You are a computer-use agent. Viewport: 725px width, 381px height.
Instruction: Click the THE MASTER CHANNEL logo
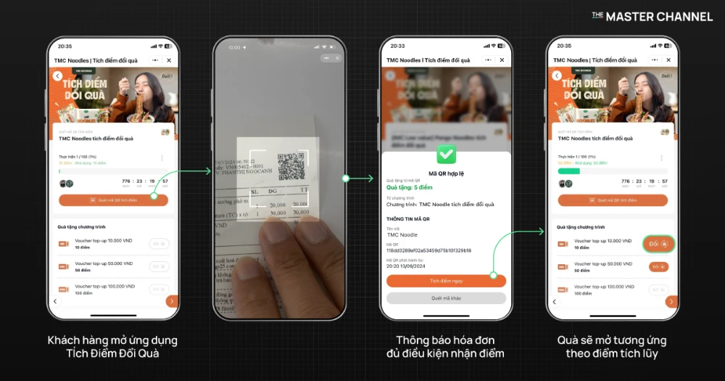point(652,16)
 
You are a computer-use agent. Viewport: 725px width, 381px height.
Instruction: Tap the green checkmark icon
point(446,155)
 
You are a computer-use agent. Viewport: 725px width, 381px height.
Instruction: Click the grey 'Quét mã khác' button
point(446,298)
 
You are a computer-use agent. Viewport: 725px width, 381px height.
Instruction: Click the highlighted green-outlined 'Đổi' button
point(658,244)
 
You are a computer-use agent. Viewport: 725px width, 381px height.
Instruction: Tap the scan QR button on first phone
point(113,200)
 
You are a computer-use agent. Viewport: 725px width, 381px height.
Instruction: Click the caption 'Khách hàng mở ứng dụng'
point(112,340)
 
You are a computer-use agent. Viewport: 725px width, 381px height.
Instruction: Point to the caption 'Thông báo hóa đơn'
point(445,340)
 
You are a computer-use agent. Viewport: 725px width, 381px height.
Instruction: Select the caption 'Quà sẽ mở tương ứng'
point(612,340)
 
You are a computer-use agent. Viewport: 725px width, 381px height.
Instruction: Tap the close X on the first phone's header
point(169,60)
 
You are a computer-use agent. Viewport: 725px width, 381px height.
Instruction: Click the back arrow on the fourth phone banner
point(557,75)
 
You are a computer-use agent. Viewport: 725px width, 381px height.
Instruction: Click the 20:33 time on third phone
point(397,46)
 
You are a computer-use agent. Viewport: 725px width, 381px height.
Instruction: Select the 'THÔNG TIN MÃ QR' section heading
point(409,218)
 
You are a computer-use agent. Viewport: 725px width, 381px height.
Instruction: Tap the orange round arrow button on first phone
point(171,301)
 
